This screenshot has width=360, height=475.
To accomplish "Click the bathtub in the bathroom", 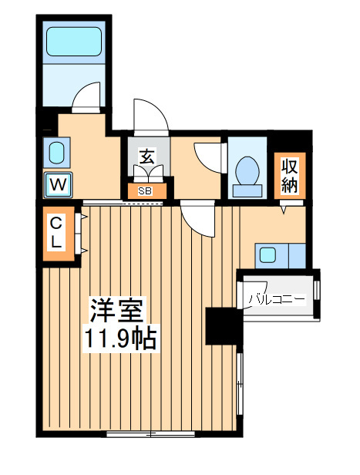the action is (x=74, y=42).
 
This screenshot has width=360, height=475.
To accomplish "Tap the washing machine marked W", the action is (x=58, y=184).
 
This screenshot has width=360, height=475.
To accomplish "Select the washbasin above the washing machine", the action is (x=56, y=153).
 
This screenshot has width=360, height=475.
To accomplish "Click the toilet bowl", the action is (x=247, y=170).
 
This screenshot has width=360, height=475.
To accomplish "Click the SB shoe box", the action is (x=146, y=191).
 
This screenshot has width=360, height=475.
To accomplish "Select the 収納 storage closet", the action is (x=290, y=175).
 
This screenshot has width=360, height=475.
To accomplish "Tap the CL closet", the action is (x=59, y=233).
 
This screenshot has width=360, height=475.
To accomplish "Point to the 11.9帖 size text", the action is (x=120, y=338).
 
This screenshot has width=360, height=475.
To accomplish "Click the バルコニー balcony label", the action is (x=277, y=300).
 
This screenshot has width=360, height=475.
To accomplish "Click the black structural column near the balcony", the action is (x=224, y=326).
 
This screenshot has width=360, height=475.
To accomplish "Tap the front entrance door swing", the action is (x=151, y=117).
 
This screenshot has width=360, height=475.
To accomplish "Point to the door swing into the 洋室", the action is (x=197, y=219).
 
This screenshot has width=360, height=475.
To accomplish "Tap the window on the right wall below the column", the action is (x=240, y=383).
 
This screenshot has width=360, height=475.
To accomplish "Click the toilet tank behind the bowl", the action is (x=247, y=191).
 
